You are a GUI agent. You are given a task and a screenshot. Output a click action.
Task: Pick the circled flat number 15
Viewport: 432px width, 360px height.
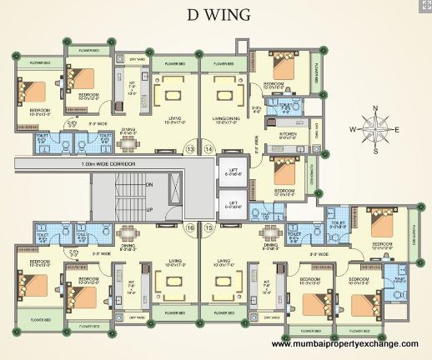click(209, 227)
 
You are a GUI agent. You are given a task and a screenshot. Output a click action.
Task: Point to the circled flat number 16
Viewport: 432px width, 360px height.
click(189, 227)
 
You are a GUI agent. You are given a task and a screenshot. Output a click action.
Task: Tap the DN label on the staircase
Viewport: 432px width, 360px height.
click(149, 183)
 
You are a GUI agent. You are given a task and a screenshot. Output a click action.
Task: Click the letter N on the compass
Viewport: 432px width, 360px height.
click(375, 108)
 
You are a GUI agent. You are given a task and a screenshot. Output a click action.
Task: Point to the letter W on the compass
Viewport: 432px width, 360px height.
click(354, 129)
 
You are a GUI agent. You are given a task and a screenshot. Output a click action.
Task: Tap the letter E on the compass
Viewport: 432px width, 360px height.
click(397, 129)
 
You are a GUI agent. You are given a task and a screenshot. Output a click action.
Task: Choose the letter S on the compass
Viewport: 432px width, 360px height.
click(375, 151)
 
